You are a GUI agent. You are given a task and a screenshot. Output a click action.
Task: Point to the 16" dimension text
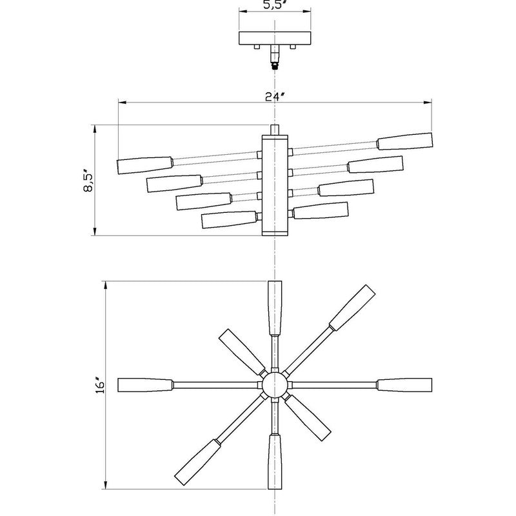tap(99, 385)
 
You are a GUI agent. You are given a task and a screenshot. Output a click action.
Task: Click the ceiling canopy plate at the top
tap(275, 38)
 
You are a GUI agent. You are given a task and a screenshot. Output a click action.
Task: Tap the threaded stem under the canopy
tap(275, 57)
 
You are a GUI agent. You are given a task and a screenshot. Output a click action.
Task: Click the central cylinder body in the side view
tap(275, 184)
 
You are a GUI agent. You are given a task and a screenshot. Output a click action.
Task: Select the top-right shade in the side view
tap(404, 141)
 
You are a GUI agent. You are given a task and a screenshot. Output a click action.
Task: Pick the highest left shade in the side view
tap(144, 164)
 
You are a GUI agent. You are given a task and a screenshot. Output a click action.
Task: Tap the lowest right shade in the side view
tap(321, 212)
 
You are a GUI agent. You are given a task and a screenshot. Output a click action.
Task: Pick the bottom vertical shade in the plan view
tap(275, 462)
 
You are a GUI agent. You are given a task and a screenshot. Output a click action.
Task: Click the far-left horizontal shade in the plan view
tap(145, 385)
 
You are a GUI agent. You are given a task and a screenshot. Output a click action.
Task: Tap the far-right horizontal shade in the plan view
tap(404, 385)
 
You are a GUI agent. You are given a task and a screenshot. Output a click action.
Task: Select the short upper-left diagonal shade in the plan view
tap(239, 349)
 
